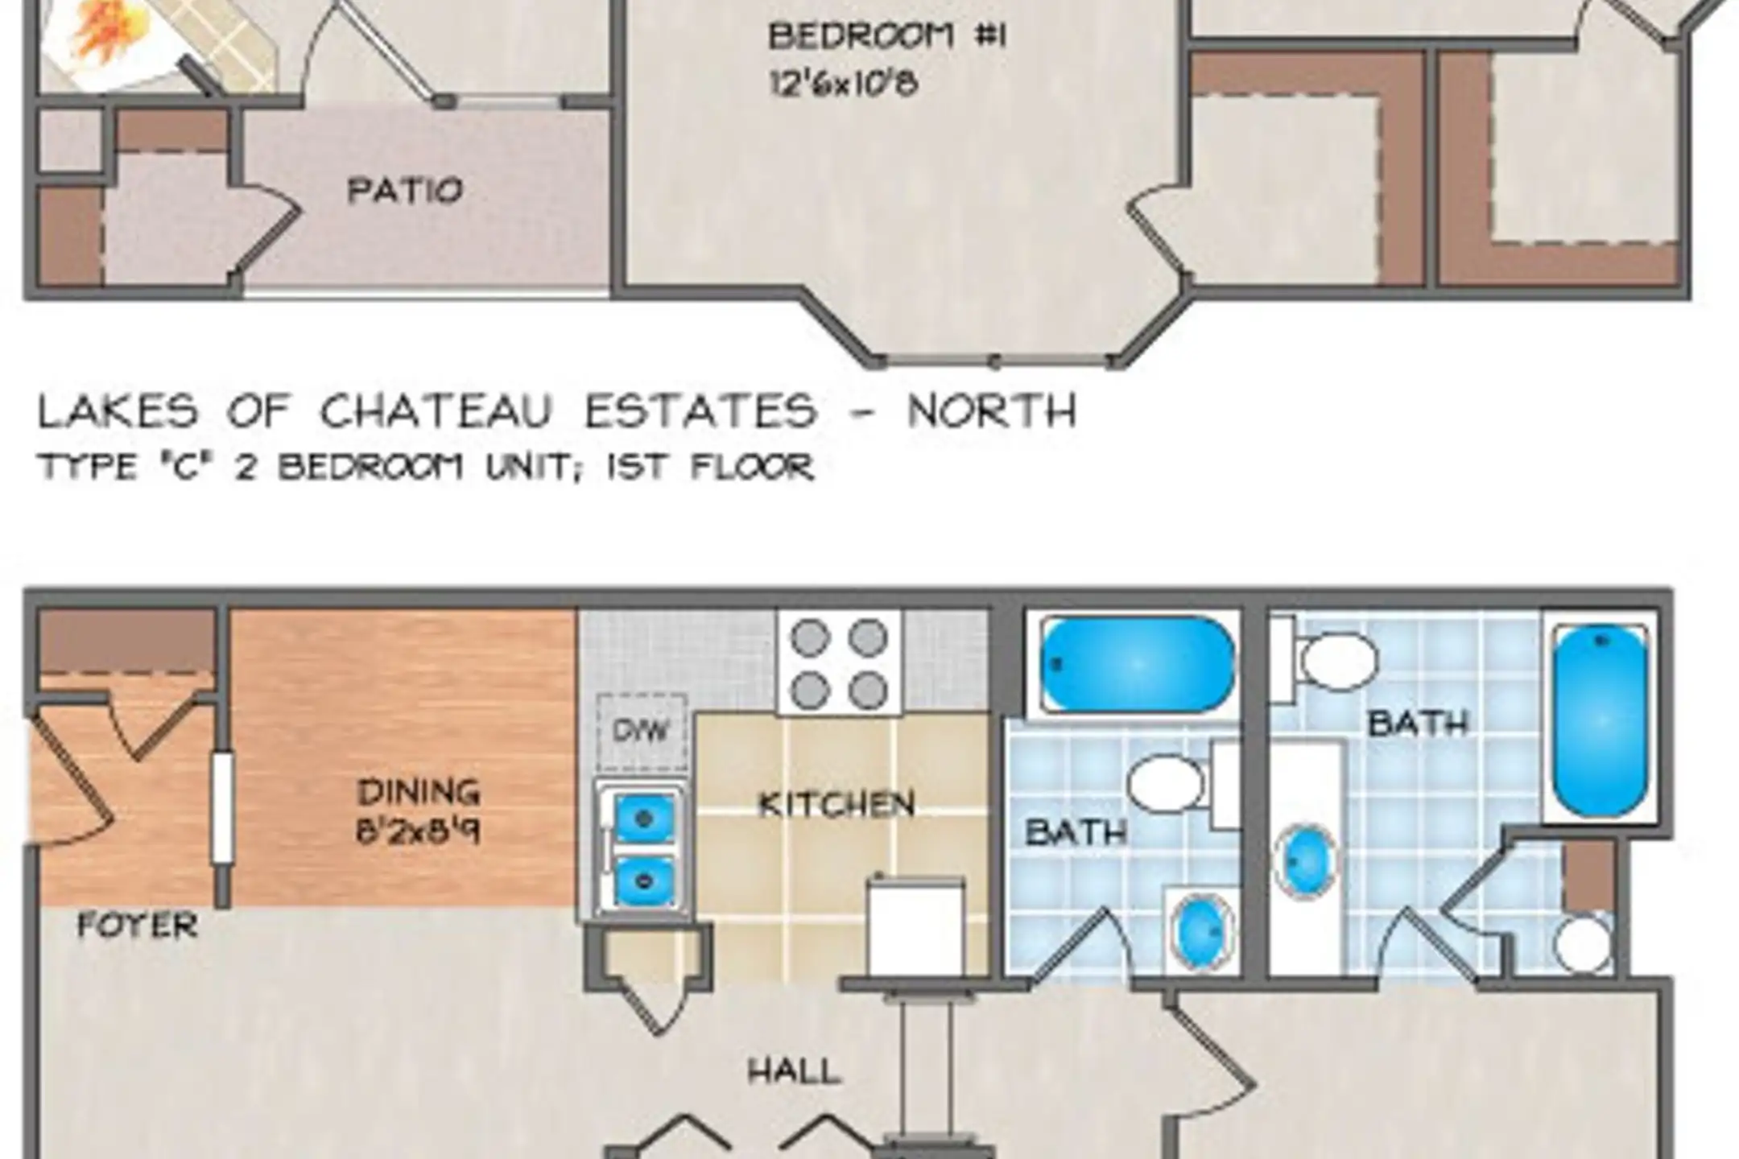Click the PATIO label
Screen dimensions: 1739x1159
tap(405, 191)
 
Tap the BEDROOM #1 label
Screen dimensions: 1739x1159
tap(887, 37)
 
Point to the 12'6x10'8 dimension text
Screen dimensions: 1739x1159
tap(844, 83)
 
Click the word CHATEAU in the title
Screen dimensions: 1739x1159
tap(436, 411)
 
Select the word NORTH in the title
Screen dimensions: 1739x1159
tap(992, 411)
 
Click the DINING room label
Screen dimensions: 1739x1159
tap(419, 792)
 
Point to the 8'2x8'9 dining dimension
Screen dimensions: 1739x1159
tap(419, 831)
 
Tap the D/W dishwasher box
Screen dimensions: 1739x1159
tap(642, 731)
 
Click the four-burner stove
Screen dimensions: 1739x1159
tap(839, 662)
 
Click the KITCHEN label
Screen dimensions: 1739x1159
tap(837, 805)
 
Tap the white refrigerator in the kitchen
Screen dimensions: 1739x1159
tap(916, 926)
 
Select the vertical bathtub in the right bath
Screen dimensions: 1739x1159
tap(1599, 721)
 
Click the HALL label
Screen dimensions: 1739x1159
tap(795, 1071)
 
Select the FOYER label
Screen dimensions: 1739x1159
tap(137, 926)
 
